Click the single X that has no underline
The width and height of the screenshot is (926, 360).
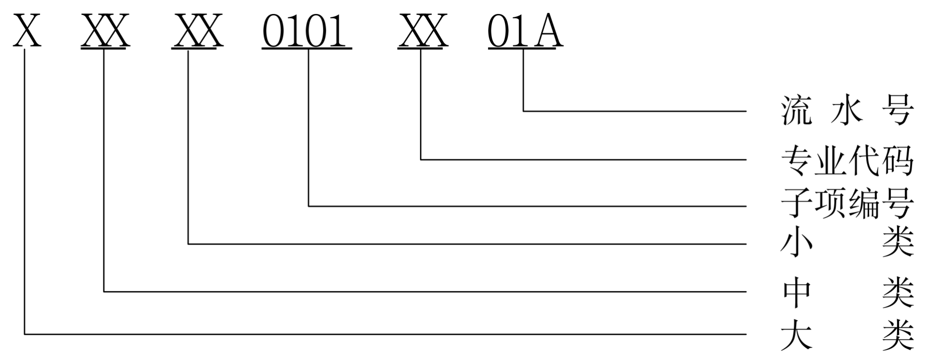click(x=27, y=31)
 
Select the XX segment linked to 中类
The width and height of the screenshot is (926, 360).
click(x=105, y=31)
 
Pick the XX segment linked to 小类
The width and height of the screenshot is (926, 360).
click(x=197, y=31)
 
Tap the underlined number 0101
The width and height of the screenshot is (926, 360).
click(x=306, y=31)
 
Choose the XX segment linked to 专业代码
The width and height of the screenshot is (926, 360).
click(x=423, y=31)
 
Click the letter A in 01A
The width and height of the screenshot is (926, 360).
click(x=549, y=31)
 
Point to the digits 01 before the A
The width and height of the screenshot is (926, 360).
click(x=509, y=31)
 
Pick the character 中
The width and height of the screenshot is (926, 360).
click(x=796, y=291)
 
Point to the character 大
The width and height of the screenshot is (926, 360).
click(x=796, y=334)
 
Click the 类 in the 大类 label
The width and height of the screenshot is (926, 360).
click(x=898, y=334)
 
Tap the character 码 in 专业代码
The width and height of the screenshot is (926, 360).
click(x=898, y=160)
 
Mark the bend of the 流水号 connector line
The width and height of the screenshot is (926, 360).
click(x=524, y=111)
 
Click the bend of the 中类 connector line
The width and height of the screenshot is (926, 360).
click(x=105, y=291)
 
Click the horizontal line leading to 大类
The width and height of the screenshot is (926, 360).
click(x=386, y=333)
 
